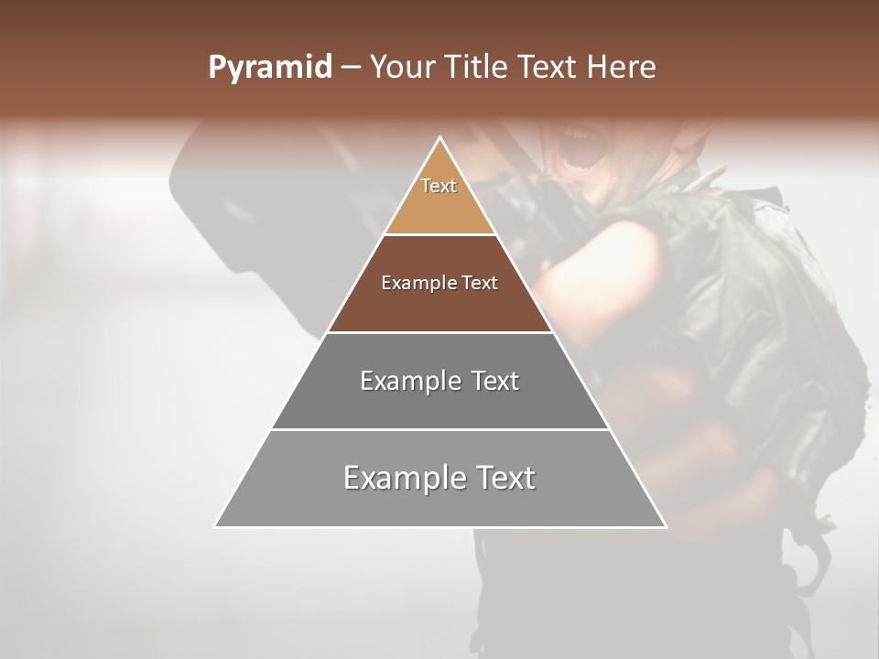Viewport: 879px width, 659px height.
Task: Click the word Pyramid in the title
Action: point(269,68)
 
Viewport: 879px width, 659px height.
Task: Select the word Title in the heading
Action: point(477,68)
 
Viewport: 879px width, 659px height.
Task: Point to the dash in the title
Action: point(350,68)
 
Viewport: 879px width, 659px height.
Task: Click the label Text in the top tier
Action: point(439,186)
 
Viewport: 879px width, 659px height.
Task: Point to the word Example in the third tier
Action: point(409,381)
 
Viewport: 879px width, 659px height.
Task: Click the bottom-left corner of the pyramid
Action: point(215,526)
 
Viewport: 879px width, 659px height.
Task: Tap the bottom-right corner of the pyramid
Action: point(666,526)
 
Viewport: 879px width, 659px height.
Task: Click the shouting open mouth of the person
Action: point(582,151)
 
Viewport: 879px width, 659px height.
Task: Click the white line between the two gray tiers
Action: point(439,429)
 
